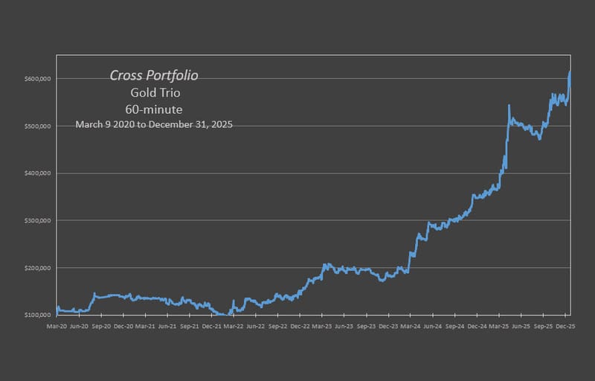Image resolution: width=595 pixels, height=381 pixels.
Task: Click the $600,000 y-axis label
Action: click(x=39, y=79)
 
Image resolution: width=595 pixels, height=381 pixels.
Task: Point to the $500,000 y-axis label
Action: click(x=39, y=126)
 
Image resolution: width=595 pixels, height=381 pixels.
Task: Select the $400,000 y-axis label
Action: click(x=39, y=173)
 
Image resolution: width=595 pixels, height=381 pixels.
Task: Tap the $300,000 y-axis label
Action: click(x=39, y=220)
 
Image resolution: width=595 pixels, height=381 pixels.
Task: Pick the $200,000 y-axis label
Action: click(x=39, y=268)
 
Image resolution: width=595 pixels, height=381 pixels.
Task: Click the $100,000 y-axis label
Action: click(x=39, y=315)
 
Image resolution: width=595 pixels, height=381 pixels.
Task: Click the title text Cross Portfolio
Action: click(x=154, y=75)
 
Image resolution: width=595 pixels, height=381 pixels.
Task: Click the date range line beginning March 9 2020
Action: click(x=154, y=125)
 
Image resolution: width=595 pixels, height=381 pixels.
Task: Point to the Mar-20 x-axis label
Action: click(x=57, y=326)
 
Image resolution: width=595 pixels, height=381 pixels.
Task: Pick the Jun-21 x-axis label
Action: click(x=167, y=326)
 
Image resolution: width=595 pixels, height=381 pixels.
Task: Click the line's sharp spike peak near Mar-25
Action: click(x=509, y=106)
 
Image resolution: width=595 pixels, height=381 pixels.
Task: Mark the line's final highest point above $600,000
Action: click(x=570, y=72)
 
